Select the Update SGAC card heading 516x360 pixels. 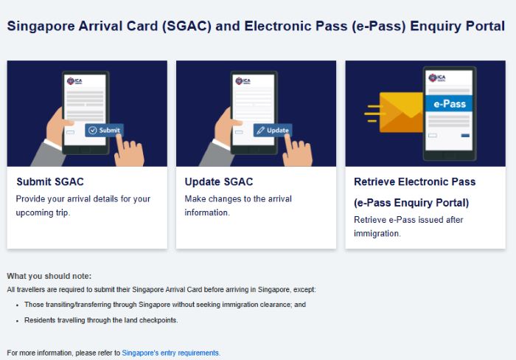(x=220, y=181)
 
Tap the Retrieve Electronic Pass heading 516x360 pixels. (x=414, y=181)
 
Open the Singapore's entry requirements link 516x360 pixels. (x=170, y=353)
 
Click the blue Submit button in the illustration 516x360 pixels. (x=103, y=131)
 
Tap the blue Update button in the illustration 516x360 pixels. (x=272, y=131)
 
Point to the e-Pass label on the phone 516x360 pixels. (x=449, y=104)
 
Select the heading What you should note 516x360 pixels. (x=49, y=276)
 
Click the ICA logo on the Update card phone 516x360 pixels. (x=243, y=80)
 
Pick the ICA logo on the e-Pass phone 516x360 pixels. (x=439, y=77)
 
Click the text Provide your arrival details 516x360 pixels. (x=83, y=199)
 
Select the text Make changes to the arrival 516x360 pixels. (x=238, y=199)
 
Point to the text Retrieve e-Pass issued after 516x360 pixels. (x=408, y=220)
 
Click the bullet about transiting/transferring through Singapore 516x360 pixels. (x=164, y=304)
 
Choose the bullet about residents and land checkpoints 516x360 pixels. (x=101, y=320)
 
